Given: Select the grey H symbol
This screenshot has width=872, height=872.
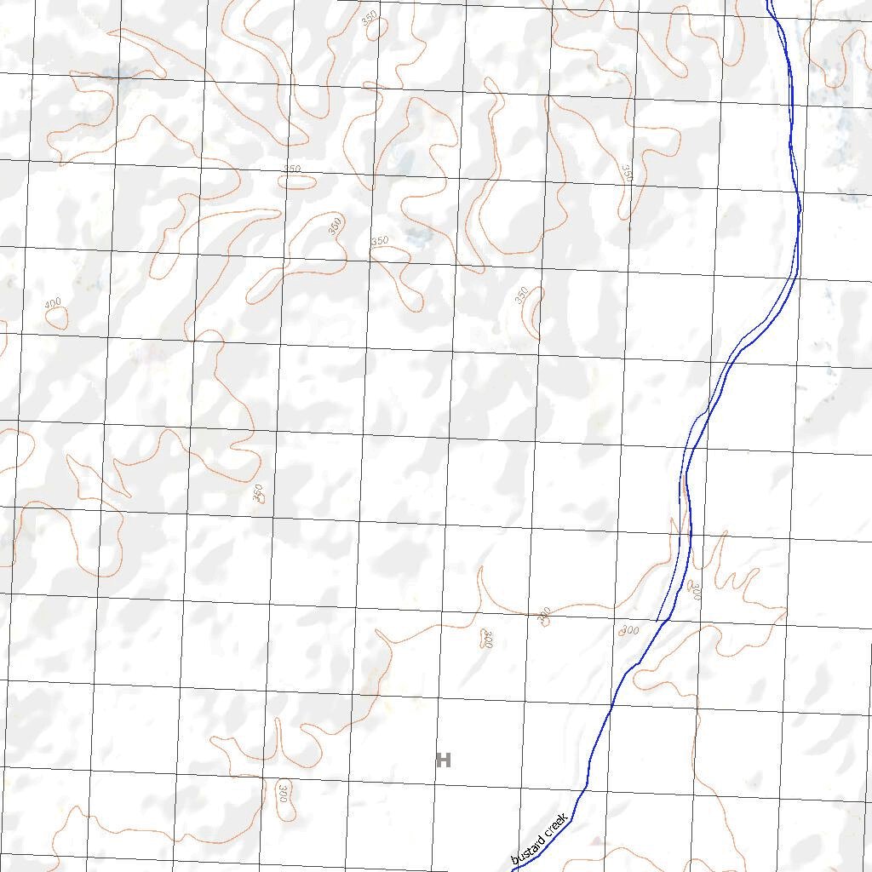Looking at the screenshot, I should [x=443, y=760].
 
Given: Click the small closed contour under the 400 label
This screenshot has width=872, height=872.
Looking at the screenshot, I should [x=56, y=318].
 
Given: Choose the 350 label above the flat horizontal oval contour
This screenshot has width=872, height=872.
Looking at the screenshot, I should [x=291, y=169].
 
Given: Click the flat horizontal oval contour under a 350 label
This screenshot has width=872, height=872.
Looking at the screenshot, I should [x=297, y=181].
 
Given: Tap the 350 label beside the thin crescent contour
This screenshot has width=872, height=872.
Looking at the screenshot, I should [x=521, y=295].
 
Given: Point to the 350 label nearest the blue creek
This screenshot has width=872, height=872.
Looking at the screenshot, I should [x=628, y=173].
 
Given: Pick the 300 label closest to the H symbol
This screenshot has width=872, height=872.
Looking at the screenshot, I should [x=487, y=639].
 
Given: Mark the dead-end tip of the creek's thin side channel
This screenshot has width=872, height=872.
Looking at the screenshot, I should [x=658, y=620].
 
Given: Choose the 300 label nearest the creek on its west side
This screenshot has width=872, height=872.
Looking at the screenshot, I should [x=628, y=630].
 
